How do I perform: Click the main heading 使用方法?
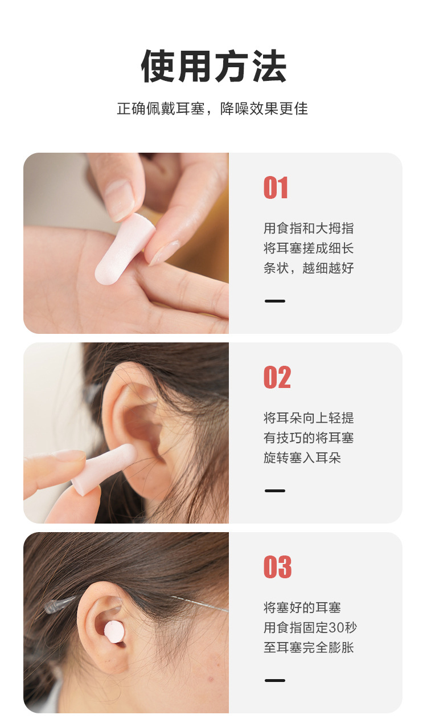coord(213,67)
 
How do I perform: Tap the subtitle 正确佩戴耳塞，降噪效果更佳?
coord(212,108)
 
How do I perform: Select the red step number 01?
coord(276,188)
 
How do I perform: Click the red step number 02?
coord(277,377)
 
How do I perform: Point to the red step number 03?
coord(277,567)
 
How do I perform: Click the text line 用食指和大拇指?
coord(309,228)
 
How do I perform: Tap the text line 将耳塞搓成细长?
coord(309,248)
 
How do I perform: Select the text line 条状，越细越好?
coord(309,268)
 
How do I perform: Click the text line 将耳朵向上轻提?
coord(309,418)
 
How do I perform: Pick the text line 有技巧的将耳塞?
coord(309,438)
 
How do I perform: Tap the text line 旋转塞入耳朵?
coord(302,457)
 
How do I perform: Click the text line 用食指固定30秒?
coord(310,627)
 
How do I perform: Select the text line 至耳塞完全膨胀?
coord(309,647)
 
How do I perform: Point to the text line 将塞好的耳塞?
coord(302,608)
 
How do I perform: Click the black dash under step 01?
coord(275,301)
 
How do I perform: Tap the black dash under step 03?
coord(275,680)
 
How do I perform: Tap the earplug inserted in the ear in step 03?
coord(114,632)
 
